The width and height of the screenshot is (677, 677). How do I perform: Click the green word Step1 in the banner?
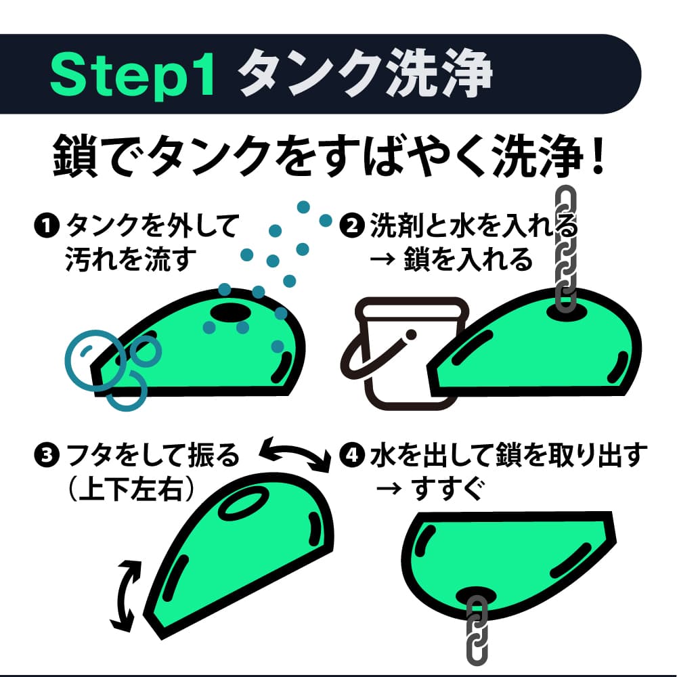pyautogui.click(x=133, y=75)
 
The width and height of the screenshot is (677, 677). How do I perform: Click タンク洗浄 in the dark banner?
pyautogui.click(x=366, y=73)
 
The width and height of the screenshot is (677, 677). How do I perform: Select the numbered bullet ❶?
pyautogui.click(x=47, y=225)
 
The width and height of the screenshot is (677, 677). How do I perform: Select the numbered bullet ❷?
pyautogui.click(x=352, y=225)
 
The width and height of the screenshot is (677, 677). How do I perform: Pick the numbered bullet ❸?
pyautogui.click(x=47, y=456)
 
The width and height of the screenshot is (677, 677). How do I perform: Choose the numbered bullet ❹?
pyautogui.click(x=352, y=456)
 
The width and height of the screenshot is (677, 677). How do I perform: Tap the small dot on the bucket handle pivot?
pyautogui.click(x=411, y=334)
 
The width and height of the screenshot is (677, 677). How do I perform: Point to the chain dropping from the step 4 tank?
pyautogui.click(x=477, y=630)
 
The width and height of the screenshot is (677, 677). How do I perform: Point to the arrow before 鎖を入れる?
pyautogui.click(x=382, y=259)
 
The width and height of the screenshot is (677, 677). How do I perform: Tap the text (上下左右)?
pyautogui.click(x=131, y=489)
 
